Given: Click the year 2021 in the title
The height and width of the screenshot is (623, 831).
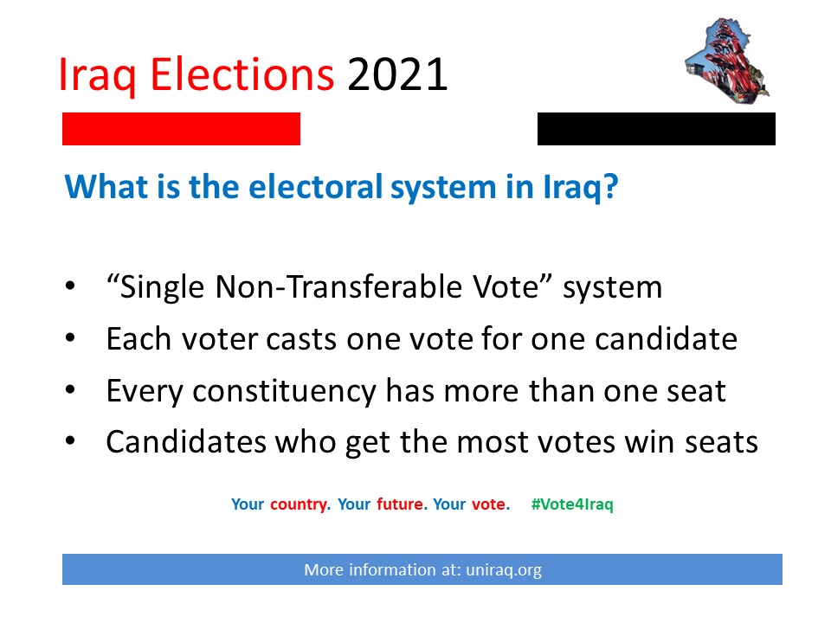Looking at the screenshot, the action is click(x=397, y=74).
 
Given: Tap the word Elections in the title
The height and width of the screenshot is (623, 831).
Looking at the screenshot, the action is click(x=242, y=74).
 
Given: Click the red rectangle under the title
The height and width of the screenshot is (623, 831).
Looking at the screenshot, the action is click(x=181, y=129).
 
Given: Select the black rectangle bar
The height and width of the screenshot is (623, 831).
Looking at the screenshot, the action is click(x=656, y=129).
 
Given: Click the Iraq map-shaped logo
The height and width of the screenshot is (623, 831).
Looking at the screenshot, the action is click(x=727, y=61).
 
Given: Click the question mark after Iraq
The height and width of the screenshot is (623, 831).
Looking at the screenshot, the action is click(x=610, y=187).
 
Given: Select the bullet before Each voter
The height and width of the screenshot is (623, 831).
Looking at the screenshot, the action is click(x=70, y=338).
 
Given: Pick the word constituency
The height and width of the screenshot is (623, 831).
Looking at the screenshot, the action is click(x=284, y=391).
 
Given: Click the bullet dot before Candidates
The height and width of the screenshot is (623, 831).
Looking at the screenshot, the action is click(x=70, y=440).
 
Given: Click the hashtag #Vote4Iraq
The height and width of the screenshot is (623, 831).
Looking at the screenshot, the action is click(x=572, y=504).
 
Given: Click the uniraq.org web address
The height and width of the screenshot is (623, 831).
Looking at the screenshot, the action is click(x=504, y=570).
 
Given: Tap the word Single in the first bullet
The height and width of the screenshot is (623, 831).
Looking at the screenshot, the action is click(x=162, y=287).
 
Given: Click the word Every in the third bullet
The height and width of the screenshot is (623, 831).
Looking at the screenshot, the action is click(x=145, y=391).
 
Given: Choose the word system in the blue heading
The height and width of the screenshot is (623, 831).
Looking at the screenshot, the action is click(x=443, y=188).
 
